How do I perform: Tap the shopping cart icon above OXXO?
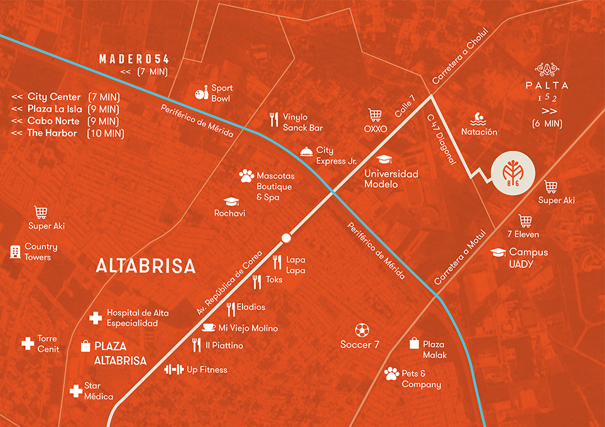(375, 116)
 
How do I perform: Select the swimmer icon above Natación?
(479, 118)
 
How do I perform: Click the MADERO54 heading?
(134, 59)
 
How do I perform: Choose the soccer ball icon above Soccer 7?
(361, 330)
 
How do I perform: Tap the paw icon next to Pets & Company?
(391, 374)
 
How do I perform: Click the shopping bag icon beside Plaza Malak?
(414, 343)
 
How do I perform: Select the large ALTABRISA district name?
(145, 266)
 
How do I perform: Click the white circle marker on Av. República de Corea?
(286, 238)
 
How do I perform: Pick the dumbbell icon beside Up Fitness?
(173, 369)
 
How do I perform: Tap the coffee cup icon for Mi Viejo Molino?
(209, 327)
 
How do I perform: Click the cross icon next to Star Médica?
(75, 391)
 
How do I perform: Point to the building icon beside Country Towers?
(14, 252)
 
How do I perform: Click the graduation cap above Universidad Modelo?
(384, 159)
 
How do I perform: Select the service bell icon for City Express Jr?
(305, 151)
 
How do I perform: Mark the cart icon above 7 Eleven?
(525, 220)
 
